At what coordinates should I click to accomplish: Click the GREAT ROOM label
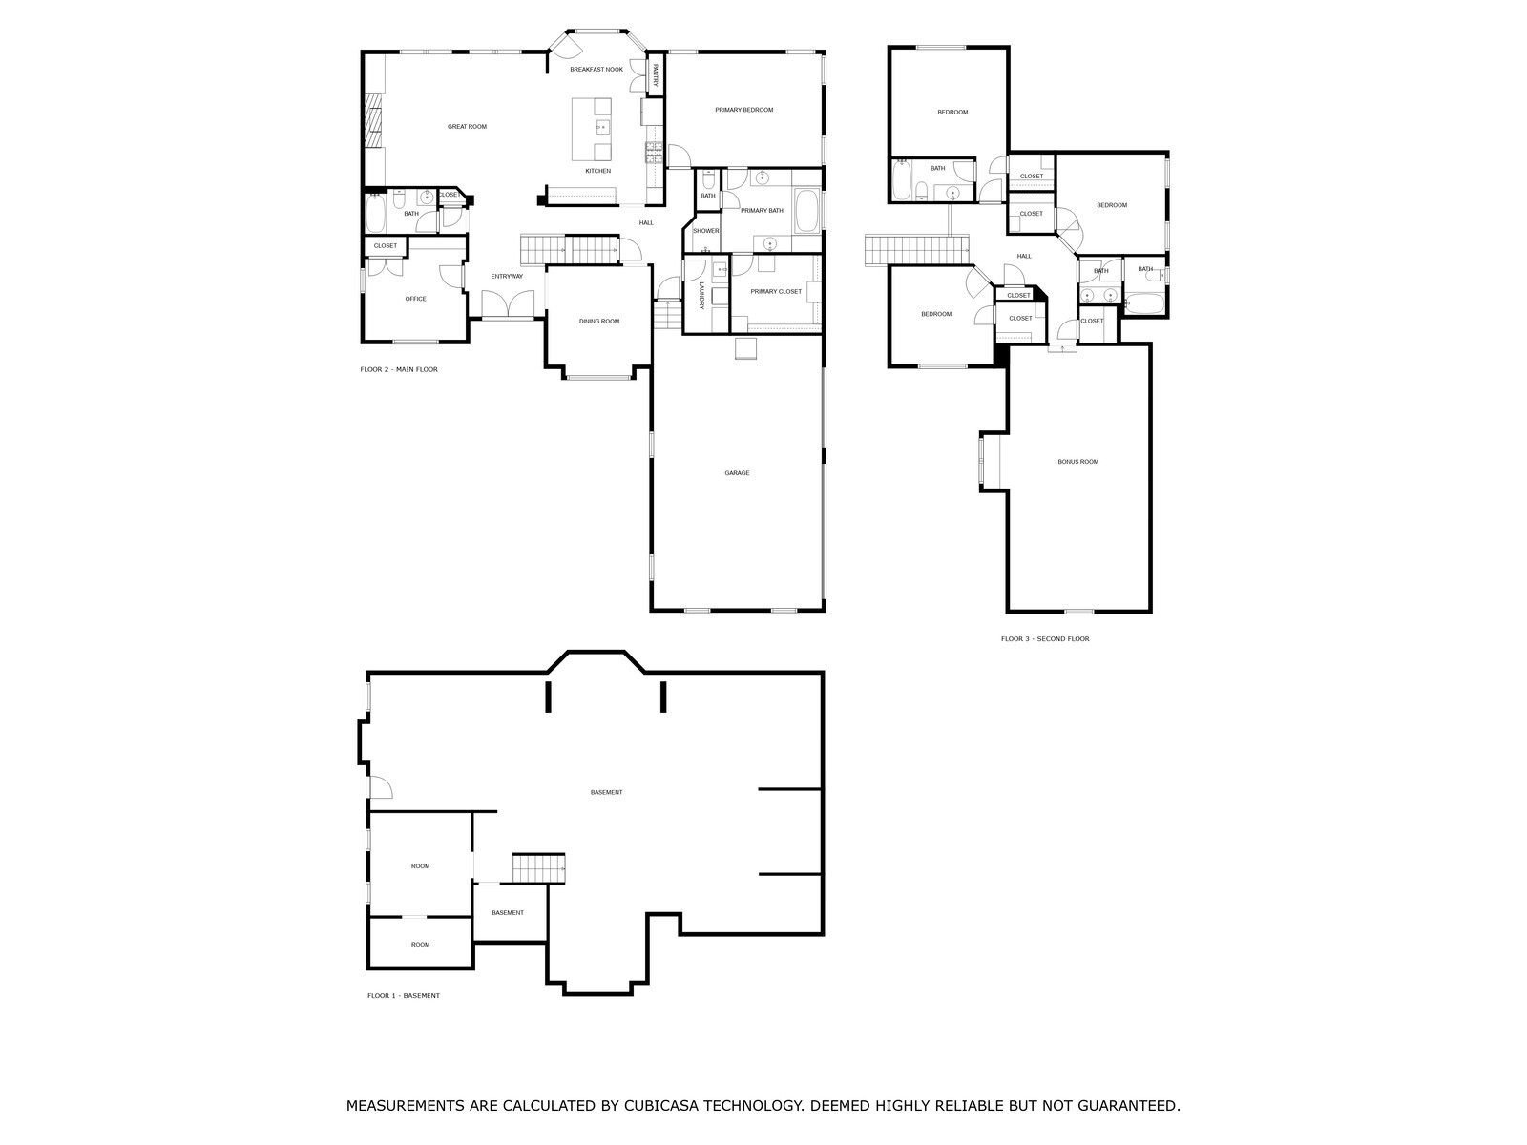tap(467, 127)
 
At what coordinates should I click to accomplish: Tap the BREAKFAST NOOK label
tap(596, 70)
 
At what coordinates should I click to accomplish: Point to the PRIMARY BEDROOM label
tap(743, 110)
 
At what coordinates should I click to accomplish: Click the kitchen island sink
tap(602, 127)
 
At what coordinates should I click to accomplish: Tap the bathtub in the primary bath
tap(807, 210)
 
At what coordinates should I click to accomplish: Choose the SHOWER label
tap(705, 231)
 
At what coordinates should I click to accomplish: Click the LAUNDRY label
tap(701, 296)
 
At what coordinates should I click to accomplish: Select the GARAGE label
tap(737, 472)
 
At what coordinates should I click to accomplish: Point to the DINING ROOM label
tap(599, 322)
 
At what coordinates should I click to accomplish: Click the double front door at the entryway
tap(508, 304)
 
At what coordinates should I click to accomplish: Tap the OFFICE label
tap(415, 299)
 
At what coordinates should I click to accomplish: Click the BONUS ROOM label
tap(1077, 462)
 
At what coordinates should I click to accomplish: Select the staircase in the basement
tap(538, 868)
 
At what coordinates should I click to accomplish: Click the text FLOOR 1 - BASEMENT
tap(404, 995)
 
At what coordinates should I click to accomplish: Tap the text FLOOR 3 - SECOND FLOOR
tap(1045, 639)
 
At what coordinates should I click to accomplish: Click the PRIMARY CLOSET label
tap(776, 291)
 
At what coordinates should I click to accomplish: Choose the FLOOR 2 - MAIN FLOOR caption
tap(399, 370)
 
